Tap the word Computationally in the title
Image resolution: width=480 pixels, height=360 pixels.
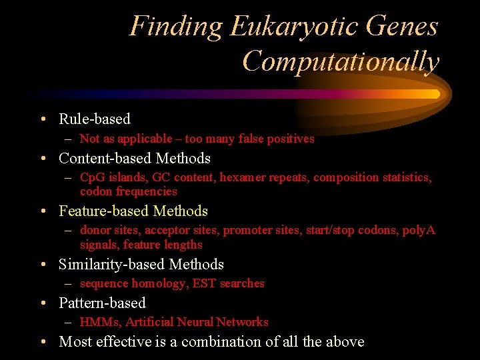341,61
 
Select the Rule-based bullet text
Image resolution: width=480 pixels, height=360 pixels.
95,119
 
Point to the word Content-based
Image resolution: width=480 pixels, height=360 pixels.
105,159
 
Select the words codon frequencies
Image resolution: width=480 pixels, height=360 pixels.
129,191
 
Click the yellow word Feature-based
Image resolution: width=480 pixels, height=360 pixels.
103,211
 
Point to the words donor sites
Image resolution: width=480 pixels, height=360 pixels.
109,231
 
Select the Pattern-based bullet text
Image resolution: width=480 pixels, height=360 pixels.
102,303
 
